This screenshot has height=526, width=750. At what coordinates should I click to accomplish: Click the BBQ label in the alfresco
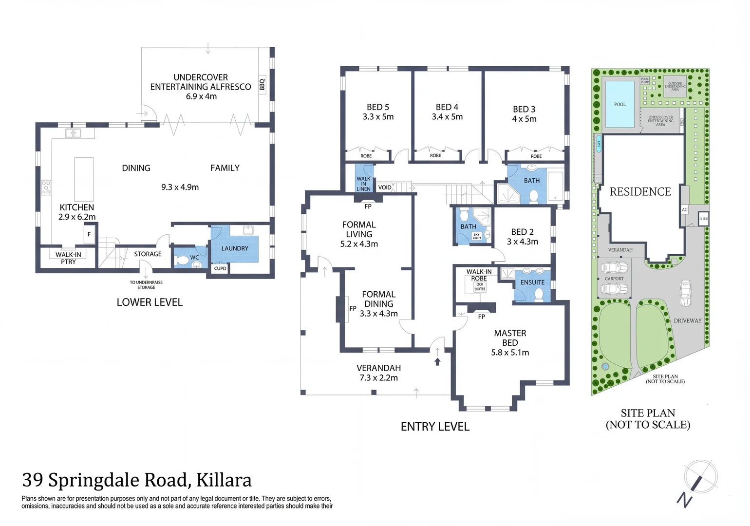262,85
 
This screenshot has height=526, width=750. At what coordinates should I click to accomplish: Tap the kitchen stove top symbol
46,188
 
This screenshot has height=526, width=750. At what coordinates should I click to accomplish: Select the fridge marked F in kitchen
89,234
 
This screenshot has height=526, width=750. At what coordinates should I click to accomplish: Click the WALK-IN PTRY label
68,258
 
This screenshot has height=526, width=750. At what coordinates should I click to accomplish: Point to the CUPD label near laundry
220,268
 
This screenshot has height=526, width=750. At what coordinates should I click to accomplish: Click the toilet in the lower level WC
183,261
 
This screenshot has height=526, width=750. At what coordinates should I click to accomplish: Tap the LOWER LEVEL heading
150,302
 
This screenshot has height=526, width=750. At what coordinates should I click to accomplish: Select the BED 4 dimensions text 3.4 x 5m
447,117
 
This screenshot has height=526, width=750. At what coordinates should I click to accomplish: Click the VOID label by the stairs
385,188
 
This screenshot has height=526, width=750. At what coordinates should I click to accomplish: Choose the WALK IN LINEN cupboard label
363,184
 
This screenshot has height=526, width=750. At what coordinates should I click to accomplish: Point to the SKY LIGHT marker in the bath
476,236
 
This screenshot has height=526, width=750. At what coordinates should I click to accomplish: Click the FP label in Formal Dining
353,308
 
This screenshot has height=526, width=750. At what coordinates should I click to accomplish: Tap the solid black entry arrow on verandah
437,361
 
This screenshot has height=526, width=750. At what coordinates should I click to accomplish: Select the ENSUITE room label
532,282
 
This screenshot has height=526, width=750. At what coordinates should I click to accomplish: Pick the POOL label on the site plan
619,104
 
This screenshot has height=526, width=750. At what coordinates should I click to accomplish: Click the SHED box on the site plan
703,219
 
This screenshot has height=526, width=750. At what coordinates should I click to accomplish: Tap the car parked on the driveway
685,293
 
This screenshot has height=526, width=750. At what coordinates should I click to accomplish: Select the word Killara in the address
224,480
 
